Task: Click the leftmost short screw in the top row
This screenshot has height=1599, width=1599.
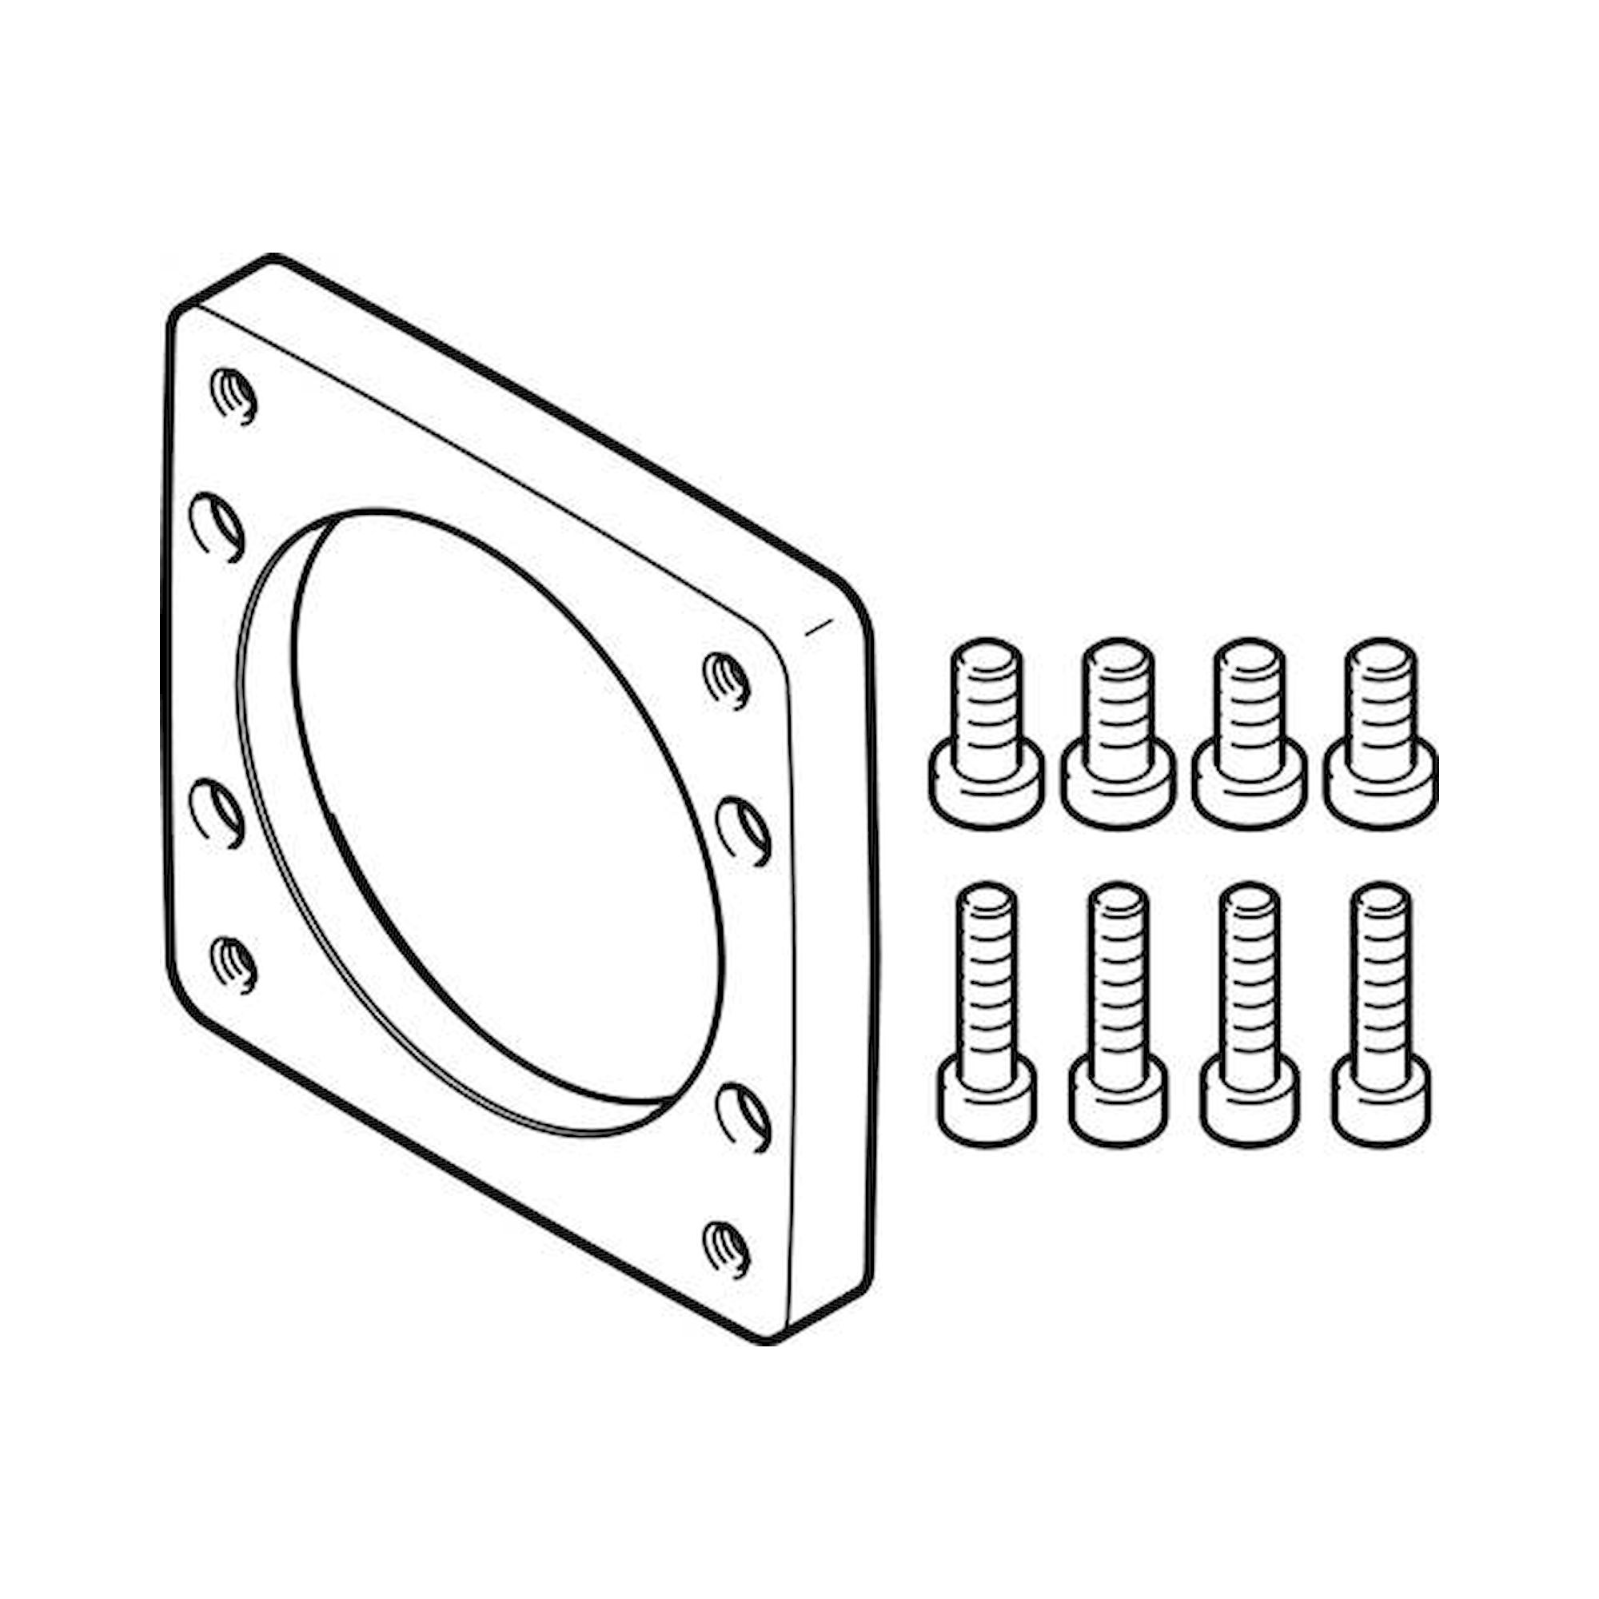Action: [x=986, y=733]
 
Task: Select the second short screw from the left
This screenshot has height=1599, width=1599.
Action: [x=1118, y=733]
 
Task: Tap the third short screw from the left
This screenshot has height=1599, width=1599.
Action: [x=1248, y=733]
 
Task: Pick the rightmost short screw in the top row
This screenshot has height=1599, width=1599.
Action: [x=1379, y=733]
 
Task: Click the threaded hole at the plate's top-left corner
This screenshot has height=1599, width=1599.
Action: [x=234, y=395]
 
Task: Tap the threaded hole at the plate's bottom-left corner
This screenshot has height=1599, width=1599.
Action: [x=234, y=963]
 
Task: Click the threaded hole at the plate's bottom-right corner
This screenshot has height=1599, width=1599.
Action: [x=727, y=1250]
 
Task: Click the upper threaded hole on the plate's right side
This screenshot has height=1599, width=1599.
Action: [x=727, y=680]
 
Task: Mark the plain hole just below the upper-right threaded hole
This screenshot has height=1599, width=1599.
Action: [x=743, y=830]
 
